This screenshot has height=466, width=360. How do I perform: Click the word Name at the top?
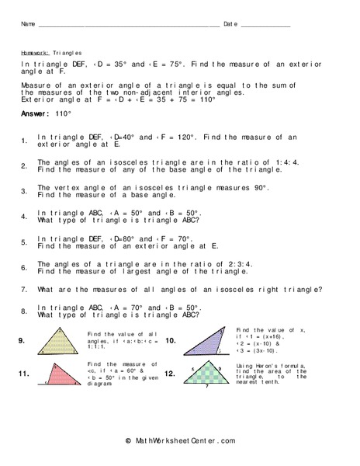pos(29,24)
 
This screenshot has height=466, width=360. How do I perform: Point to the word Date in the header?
pos(231,24)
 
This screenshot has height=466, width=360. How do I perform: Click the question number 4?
pos(24,217)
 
